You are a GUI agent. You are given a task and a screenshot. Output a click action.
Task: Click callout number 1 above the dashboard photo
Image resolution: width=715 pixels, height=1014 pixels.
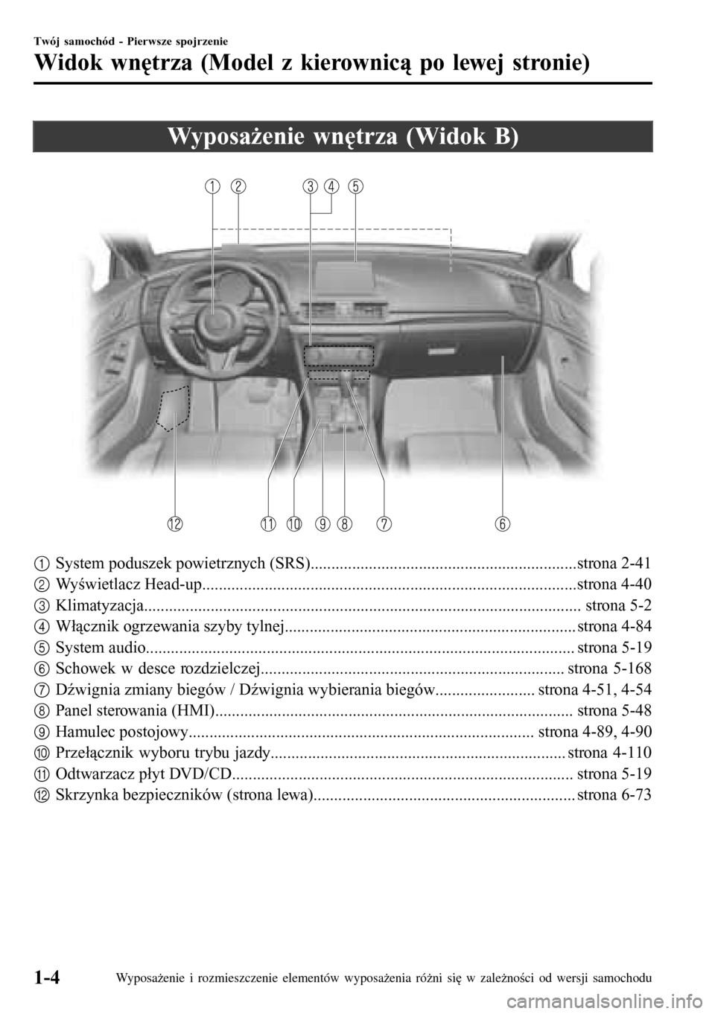pyautogui.click(x=214, y=186)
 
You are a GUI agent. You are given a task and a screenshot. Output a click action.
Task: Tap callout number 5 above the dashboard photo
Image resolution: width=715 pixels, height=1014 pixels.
pyautogui.click(x=355, y=186)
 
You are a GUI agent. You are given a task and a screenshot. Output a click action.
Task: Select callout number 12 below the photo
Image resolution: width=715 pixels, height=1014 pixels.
pyautogui.click(x=175, y=524)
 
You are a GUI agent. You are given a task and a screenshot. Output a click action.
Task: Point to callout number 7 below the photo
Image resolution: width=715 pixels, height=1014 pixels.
pyautogui.click(x=384, y=524)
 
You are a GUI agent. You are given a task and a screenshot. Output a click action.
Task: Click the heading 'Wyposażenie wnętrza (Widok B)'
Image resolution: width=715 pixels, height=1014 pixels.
pyautogui.click(x=343, y=137)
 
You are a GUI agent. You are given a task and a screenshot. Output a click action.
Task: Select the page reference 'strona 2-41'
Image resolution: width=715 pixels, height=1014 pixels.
pyautogui.click(x=614, y=563)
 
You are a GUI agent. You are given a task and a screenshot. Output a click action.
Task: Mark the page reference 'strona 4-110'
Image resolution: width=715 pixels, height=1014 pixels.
pyautogui.click(x=609, y=753)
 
